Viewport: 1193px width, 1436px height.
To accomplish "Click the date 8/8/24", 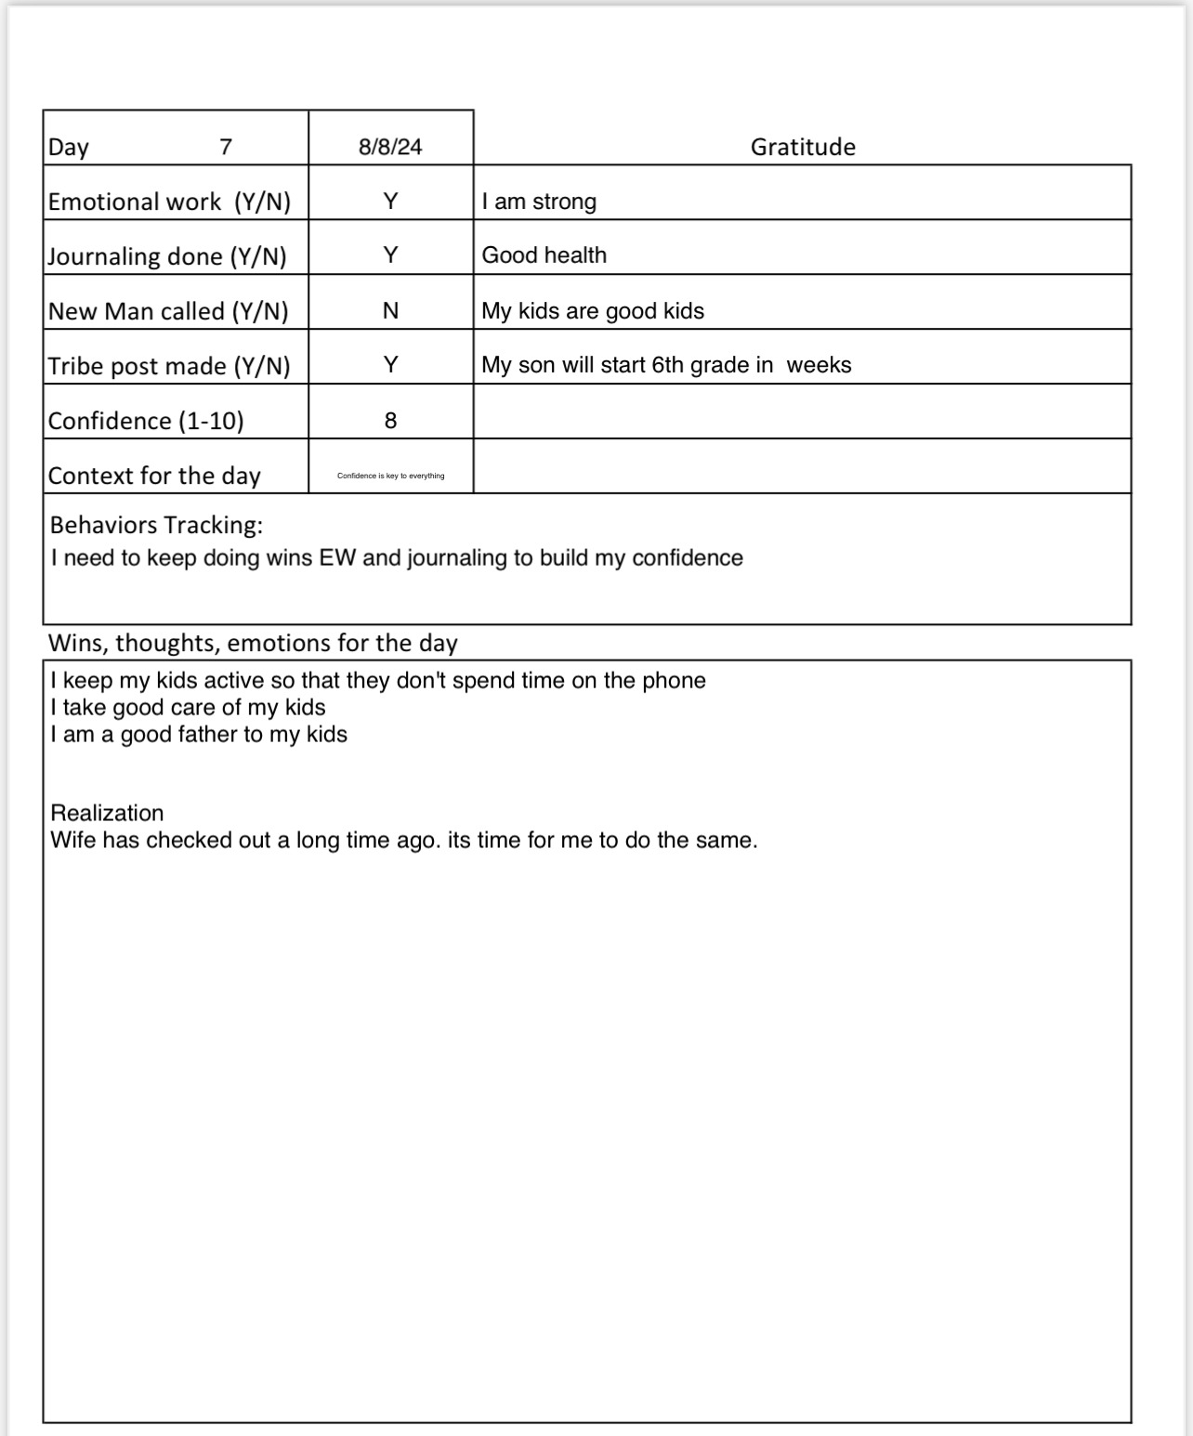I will pyautogui.click(x=390, y=147).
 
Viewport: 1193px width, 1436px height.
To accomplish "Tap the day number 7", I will pyautogui.click(x=226, y=147).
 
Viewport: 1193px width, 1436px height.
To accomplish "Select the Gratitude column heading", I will pyautogui.click(x=803, y=147).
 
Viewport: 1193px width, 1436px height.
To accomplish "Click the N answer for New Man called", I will pyautogui.click(x=390, y=311).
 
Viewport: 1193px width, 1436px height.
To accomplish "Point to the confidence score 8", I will pyautogui.click(x=390, y=421).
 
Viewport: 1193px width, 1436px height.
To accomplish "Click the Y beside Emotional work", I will pyautogui.click(x=390, y=202).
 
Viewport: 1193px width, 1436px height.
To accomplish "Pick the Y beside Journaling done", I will pyautogui.click(x=390, y=255).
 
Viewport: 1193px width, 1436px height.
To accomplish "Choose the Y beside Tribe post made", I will pyautogui.click(x=390, y=365).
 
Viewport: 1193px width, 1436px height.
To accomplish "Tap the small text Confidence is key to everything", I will pyautogui.click(x=390, y=476).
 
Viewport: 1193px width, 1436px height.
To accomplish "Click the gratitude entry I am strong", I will pyautogui.click(x=539, y=202).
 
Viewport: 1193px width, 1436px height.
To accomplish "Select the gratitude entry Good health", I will pyautogui.click(x=544, y=255).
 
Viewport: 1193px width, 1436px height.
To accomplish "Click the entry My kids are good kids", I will pyautogui.click(x=593, y=311).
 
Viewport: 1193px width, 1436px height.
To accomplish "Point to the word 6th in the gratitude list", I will pyautogui.click(x=667, y=365).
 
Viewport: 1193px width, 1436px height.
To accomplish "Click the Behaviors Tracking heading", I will pyautogui.click(x=156, y=525).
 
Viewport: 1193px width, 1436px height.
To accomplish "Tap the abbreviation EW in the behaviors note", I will pyautogui.click(x=337, y=558).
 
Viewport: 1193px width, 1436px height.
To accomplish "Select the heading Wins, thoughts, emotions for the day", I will pyautogui.click(x=253, y=643).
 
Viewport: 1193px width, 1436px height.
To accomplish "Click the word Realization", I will pyautogui.click(x=107, y=813).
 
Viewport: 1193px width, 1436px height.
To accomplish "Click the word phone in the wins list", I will pyautogui.click(x=674, y=681).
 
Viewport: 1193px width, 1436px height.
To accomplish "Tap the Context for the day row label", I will pyautogui.click(x=154, y=476).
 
